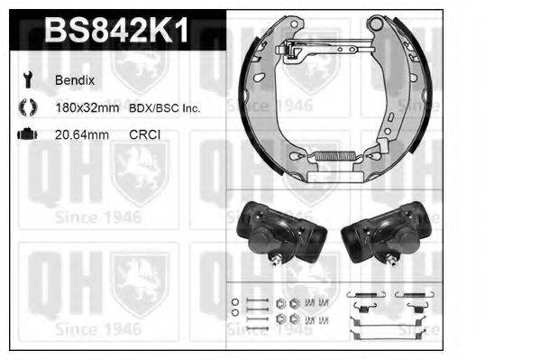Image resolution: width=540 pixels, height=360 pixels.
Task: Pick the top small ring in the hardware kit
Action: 234,301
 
